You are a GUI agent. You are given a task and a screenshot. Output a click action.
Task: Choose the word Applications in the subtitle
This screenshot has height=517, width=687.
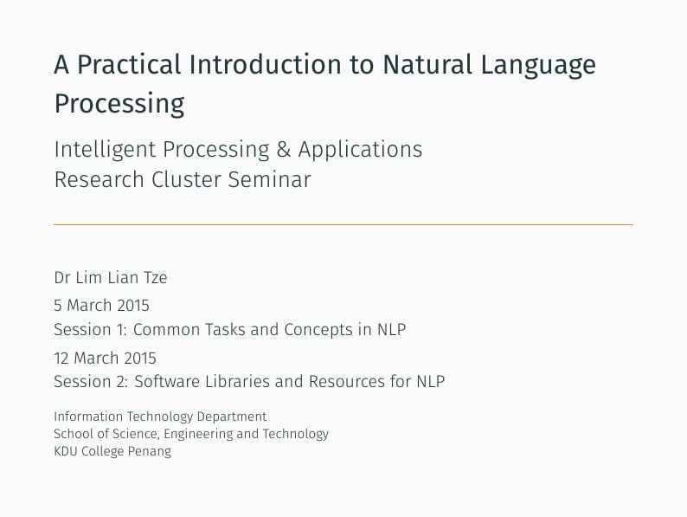point(360,151)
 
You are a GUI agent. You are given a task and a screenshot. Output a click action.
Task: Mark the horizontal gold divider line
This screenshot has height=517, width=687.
point(343,224)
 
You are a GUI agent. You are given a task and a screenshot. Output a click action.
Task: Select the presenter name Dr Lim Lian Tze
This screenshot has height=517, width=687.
point(110,278)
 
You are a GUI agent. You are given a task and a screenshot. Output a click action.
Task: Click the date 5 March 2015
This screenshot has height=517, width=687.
point(101,305)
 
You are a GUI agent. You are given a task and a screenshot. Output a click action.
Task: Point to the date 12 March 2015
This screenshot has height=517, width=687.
point(105,358)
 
